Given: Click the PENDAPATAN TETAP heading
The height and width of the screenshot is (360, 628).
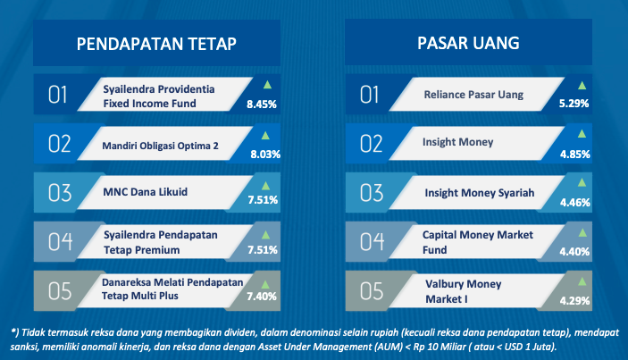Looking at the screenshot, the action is [156, 44].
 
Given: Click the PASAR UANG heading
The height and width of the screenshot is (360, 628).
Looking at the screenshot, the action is [468, 43].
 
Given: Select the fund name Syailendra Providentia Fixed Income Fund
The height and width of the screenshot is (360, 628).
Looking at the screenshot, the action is [159, 96].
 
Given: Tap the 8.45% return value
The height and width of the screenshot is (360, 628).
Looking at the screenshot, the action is [262, 105].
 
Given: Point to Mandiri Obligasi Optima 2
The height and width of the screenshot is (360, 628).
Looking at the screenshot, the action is [160, 146].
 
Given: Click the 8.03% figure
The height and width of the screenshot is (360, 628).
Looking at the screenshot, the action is [265, 155].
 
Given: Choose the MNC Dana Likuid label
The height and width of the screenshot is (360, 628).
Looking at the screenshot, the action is [145, 192].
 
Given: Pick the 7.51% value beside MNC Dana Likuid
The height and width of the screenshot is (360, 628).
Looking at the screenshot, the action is [263, 200].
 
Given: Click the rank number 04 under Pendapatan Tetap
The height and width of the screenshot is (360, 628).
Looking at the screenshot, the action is [60, 242].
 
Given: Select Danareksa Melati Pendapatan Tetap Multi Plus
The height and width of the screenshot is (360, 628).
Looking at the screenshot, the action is [172, 289].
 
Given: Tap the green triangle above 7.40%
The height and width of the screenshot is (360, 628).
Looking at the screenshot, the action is [265, 285].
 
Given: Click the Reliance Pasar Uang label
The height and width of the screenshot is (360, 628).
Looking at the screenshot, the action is [473, 95].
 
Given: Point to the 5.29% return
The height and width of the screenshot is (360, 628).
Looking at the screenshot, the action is [574, 104].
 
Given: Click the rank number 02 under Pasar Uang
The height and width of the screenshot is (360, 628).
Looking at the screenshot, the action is [372, 144].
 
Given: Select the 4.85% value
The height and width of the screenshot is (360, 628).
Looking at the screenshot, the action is [575, 155].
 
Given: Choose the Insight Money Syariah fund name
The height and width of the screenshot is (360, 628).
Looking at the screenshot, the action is [480, 193].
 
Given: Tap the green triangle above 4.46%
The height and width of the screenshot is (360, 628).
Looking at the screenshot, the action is [582, 182].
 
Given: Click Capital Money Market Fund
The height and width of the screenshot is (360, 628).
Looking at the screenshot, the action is [477, 242].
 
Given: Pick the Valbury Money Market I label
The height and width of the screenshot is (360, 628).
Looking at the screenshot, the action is [463, 291].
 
